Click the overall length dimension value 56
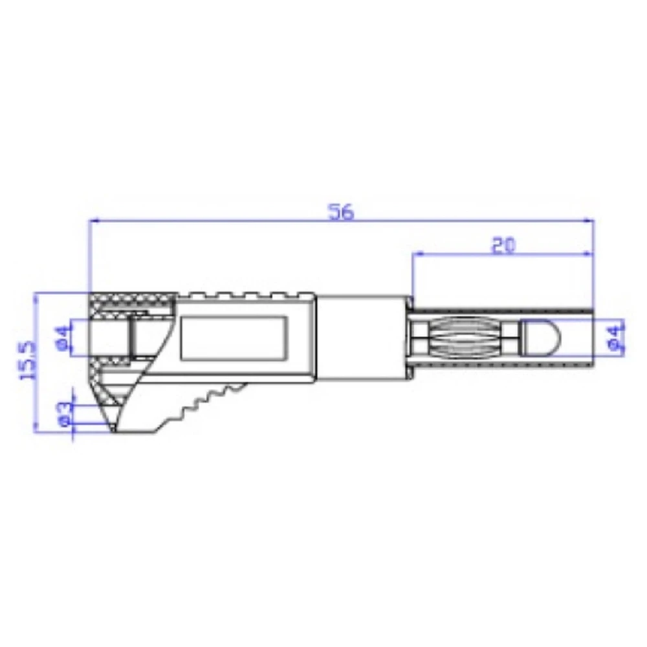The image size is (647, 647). [341, 212]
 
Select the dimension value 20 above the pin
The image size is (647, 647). [503, 245]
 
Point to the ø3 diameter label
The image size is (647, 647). [64, 414]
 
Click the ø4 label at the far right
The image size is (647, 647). [617, 338]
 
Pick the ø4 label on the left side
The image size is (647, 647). [63, 338]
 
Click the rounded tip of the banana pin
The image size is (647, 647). [540, 338]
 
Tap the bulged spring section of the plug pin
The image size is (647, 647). [466, 338]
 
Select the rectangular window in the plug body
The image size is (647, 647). [234, 338]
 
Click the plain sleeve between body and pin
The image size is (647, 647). [362, 337]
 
